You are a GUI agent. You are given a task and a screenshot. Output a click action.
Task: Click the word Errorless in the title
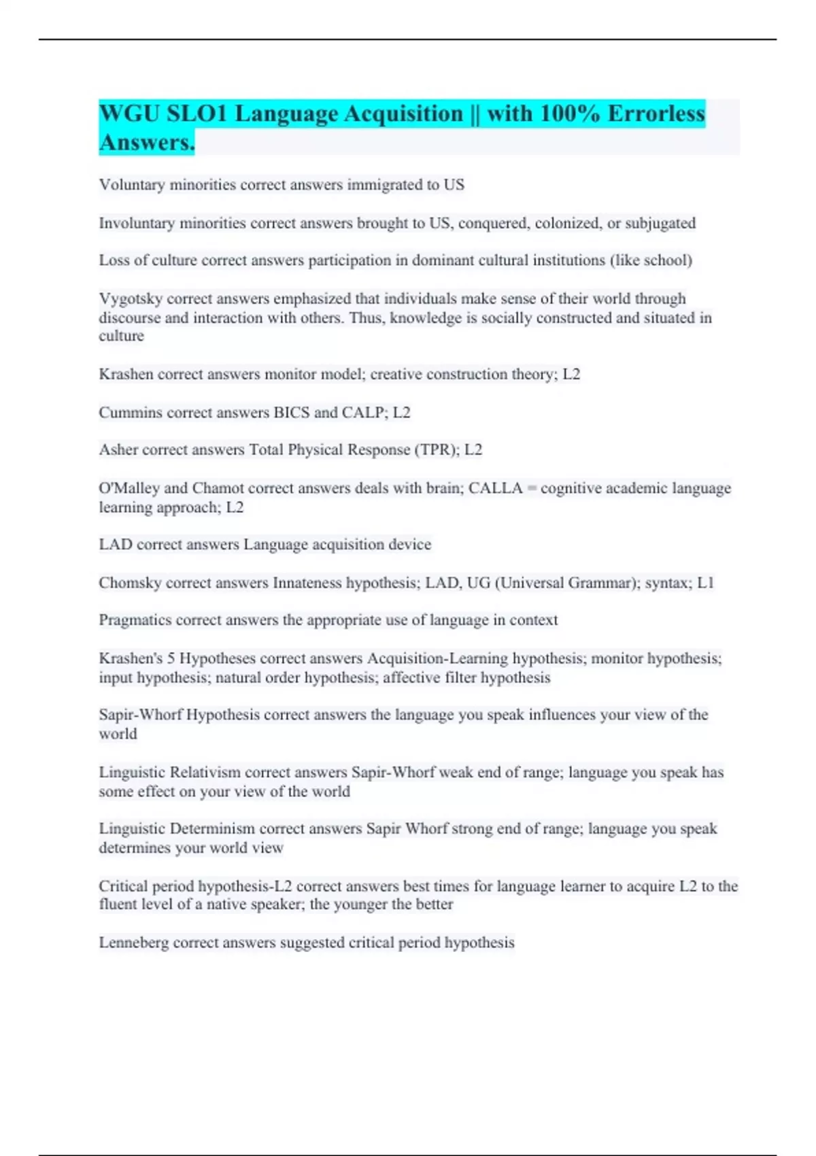(x=656, y=114)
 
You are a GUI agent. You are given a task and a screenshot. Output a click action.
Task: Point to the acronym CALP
(x=364, y=413)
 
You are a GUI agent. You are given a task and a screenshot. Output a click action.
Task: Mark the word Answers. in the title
(x=147, y=143)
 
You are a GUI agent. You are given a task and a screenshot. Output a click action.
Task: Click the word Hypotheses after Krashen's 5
(x=218, y=659)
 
